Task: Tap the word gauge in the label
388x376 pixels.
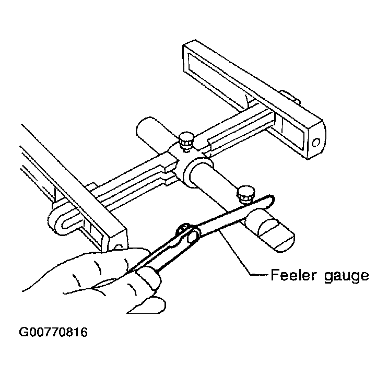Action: tap(346, 276)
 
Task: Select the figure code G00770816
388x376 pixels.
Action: tap(53, 332)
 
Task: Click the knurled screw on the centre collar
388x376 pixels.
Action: tap(186, 141)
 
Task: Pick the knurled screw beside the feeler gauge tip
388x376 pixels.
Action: tap(245, 194)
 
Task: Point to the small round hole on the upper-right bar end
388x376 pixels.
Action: tap(316, 143)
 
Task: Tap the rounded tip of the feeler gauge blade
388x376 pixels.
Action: tap(271, 198)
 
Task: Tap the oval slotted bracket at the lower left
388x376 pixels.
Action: tap(65, 220)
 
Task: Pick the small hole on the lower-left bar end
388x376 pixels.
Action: tap(119, 247)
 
